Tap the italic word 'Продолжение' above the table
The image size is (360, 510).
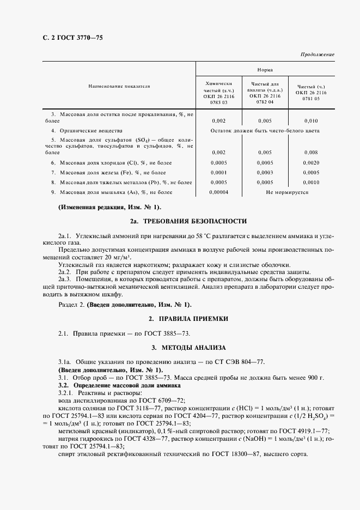(x=317, y=55)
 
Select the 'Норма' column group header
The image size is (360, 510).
(x=266, y=70)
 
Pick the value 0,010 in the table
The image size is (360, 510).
(x=311, y=120)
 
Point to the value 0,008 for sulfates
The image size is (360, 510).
(x=311, y=153)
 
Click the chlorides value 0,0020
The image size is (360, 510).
(x=311, y=162)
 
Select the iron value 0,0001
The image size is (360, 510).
(x=218, y=172)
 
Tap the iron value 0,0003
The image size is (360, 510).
(x=265, y=172)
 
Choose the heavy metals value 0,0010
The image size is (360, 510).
(x=311, y=182)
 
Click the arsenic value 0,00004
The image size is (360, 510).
(x=218, y=192)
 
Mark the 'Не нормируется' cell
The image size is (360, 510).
(x=287, y=192)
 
